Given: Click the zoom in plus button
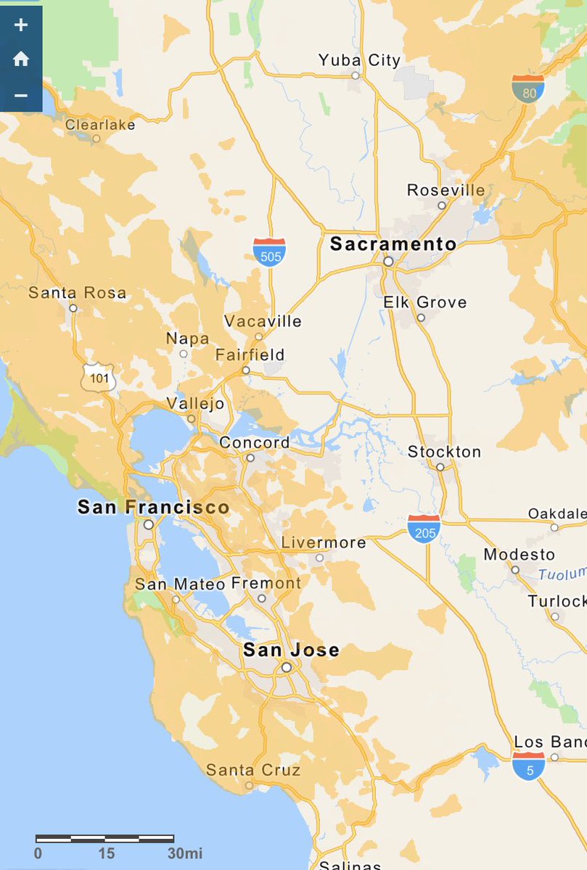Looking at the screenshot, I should (21, 25).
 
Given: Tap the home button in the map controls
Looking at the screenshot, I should (21, 59).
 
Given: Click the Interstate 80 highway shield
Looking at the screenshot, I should (528, 88).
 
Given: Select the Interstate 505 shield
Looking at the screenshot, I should (269, 251).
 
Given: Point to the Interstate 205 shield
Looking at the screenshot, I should (424, 529).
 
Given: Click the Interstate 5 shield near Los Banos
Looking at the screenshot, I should (529, 766).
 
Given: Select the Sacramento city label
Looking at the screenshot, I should (393, 244).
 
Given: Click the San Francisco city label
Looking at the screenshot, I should (153, 507).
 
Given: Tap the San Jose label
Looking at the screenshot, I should (291, 650).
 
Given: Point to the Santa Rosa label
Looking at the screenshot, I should (77, 293).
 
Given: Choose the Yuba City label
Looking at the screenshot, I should (359, 60).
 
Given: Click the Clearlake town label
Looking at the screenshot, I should (100, 125).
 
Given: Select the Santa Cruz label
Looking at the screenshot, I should (253, 769).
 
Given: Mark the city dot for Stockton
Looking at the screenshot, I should (440, 467).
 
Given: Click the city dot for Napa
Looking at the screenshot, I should (184, 354).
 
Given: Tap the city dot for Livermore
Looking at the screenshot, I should (319, 558).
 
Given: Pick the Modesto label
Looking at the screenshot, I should (519, 555).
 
